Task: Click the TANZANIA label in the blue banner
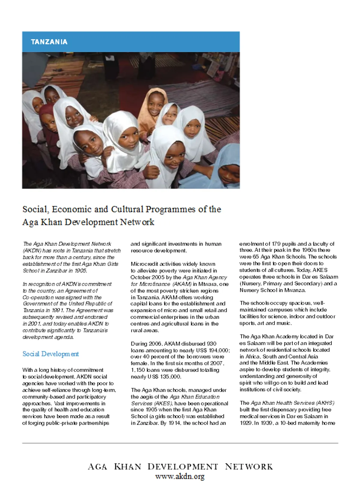(x=49, y=42)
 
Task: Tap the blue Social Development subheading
(x=50, y=354)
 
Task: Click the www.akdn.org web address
(x=180, y=476)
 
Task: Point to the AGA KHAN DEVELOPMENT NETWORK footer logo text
(x=180, y=466)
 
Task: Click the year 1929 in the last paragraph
(x=246, y=423)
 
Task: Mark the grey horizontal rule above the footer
(x=180, y=443)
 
